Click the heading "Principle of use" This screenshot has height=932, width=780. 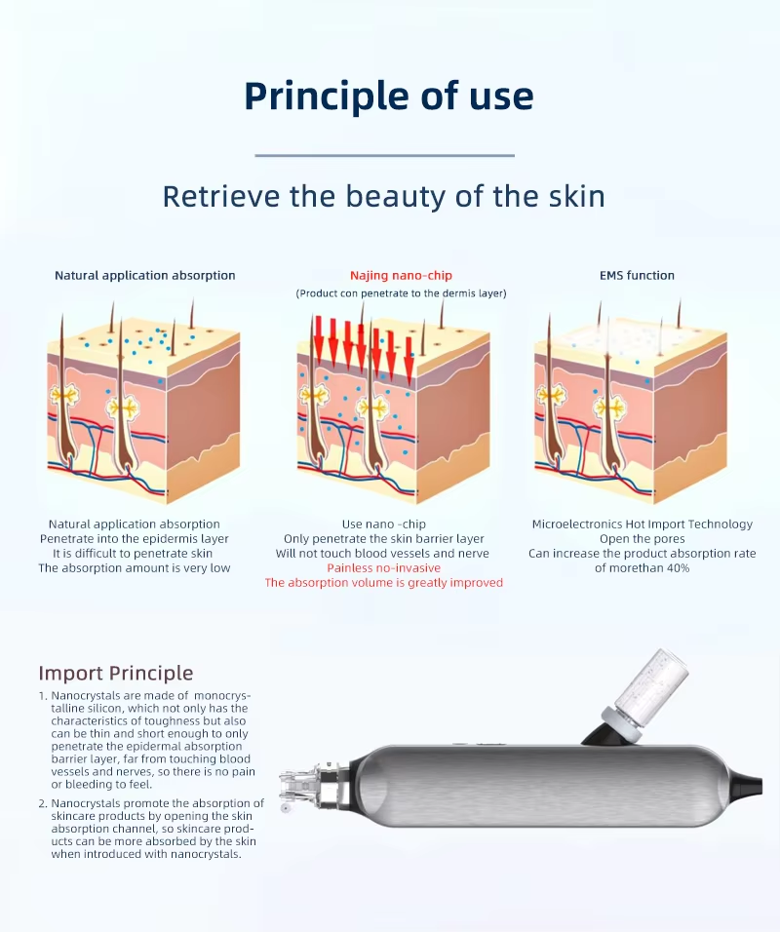tap(389, 97)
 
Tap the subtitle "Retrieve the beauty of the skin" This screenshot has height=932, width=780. tap(384, 196)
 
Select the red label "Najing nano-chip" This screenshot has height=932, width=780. tap(401, 275)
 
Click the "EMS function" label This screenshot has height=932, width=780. tap(637, 275)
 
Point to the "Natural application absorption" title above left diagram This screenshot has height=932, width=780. tap(145, 275)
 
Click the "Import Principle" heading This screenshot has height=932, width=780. tap(116, 673)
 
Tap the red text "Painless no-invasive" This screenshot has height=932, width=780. tap(383, 567)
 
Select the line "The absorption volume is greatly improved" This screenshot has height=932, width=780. tap(383, 583)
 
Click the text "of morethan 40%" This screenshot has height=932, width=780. tap(643, 567)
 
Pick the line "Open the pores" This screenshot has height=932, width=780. tap(643, 538)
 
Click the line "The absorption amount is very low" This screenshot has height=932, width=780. tap(135, 567)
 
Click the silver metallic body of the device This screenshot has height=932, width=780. tap(535, 786)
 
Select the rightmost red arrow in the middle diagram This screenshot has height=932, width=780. tap(409, 360)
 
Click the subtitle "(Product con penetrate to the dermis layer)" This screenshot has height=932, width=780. tap(402, 293)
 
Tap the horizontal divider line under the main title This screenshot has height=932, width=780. tap(385, 156)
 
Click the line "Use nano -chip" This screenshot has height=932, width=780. tap(383, 524)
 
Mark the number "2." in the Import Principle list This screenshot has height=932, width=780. tap(43, 803)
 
